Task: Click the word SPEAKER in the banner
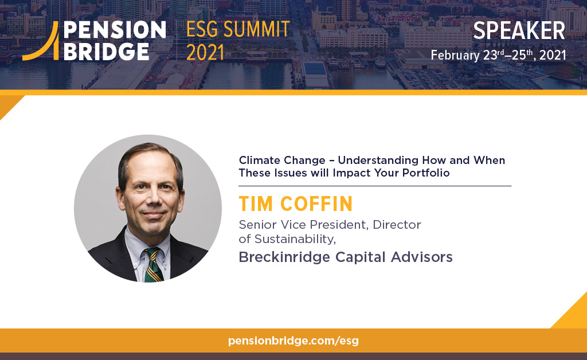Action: point(519,32)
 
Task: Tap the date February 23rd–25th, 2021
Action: point(498,56)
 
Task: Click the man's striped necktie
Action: point(153,264)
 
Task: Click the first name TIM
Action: point(256,205)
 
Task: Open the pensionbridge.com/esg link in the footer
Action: point(293,341)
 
